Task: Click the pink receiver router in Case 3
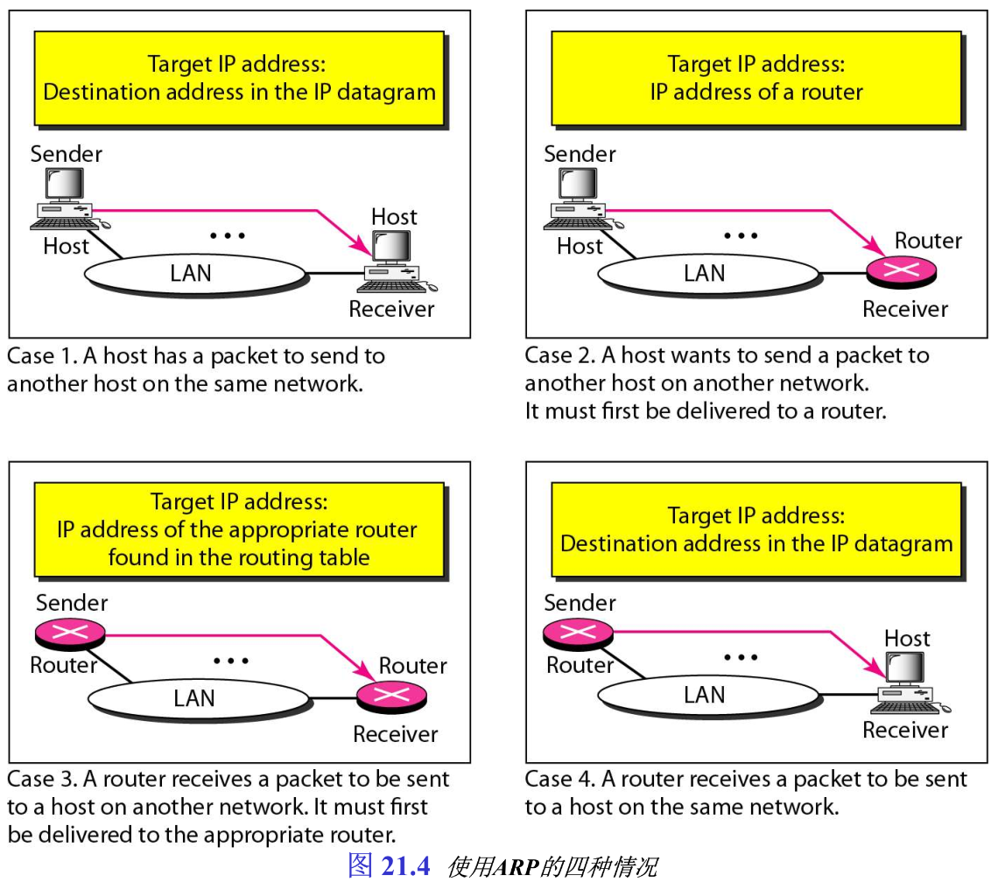[391, 696]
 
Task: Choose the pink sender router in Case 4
[578, 632]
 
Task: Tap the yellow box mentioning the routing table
[238, 529]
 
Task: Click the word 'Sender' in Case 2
[580, 154]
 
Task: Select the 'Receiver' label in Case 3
[395, 733]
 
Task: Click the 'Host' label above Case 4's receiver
[907, 638]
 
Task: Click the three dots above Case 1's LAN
[227, 235]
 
